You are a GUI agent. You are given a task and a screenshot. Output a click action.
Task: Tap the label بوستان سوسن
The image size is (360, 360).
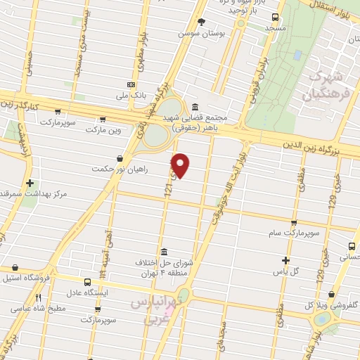(x=202, y=34)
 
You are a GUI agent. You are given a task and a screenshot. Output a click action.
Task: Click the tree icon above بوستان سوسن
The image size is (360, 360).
(x=202, y=22)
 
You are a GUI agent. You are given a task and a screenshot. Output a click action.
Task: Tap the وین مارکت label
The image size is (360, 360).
(x=103, y=130)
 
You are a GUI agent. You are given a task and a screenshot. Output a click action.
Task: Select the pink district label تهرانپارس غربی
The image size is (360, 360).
(x=155, y=309)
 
